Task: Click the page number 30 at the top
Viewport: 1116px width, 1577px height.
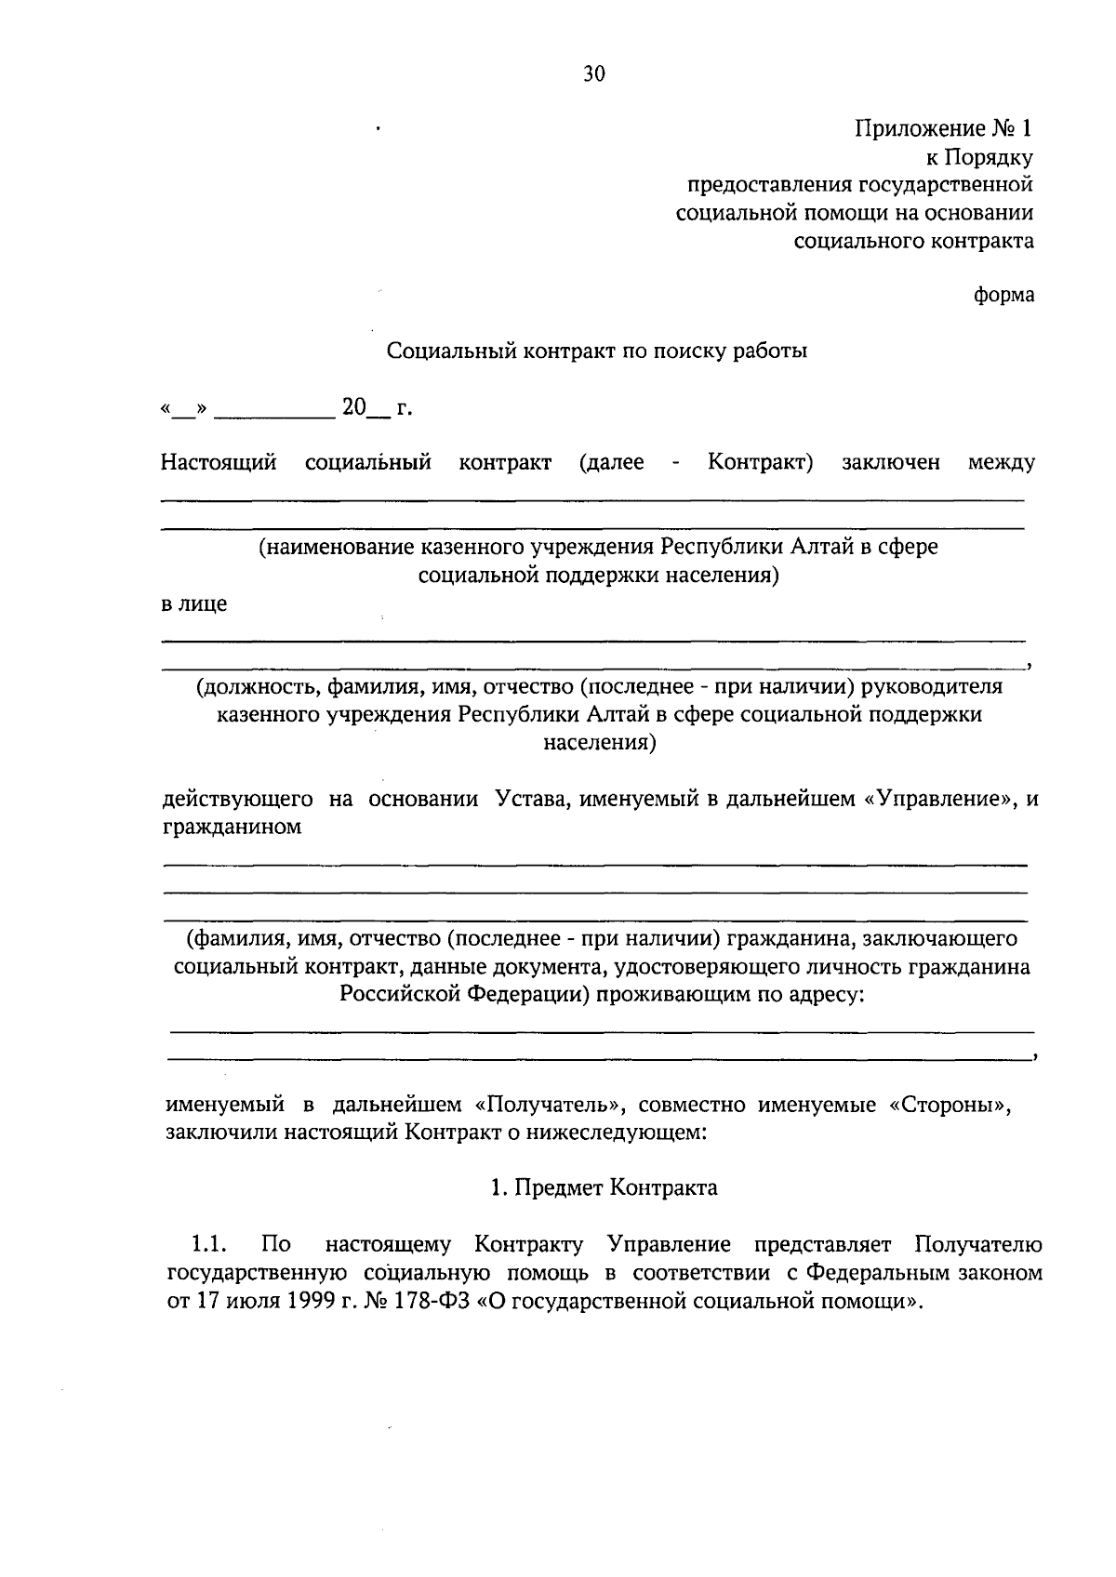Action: click(x=593, y=75)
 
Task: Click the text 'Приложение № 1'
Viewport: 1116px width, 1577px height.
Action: click(x=943, y=128)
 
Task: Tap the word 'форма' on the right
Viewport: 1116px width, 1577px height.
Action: click(x=1003, y=296)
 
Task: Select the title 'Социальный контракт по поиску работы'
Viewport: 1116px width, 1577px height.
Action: click(x=596, y=351)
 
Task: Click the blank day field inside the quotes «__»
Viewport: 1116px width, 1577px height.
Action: click(x=184, y=409)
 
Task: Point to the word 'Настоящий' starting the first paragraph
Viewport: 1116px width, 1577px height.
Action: click(x=219, y=462)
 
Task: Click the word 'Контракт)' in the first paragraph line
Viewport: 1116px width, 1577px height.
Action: click(x=760, y=462)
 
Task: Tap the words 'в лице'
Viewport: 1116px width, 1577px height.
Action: click(x=193, y=603)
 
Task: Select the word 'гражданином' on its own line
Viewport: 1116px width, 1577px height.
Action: click(x=232, y=827)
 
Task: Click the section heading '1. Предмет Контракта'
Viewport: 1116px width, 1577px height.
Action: click(x=604, y=1187)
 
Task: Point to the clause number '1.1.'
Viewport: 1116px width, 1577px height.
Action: click(x=209, y=1244)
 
